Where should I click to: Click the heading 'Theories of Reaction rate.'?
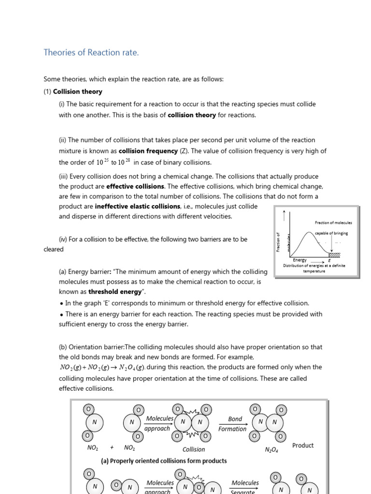(x=91, y=53)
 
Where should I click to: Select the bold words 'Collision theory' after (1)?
(x=77, y=91)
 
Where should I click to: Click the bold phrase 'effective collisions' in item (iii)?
(x=135, y=186)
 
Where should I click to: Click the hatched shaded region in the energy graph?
(x=335, y=255)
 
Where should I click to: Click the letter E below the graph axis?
(x=329, y=261)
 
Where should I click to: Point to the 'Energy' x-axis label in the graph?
(x=300, y=261)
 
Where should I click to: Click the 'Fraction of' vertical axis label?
(x=278, y=241)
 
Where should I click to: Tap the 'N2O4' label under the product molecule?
(x=271, y=450)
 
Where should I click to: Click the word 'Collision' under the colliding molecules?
(x=194, y=449)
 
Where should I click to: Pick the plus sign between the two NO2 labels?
(x=111, y=447)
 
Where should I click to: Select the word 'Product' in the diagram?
(x=303, y=445)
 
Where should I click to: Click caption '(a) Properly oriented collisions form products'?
(x=163, y=461)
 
